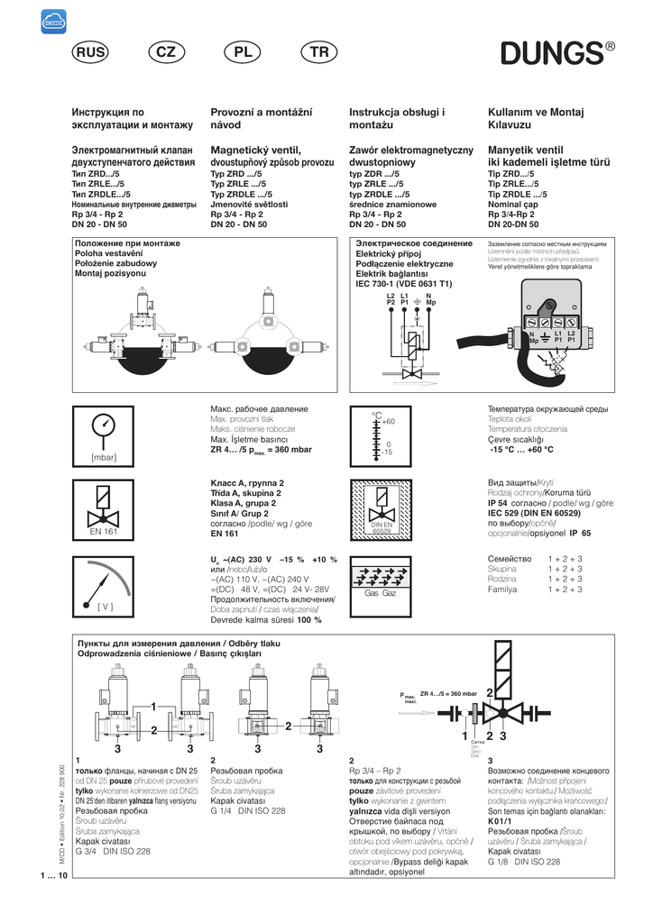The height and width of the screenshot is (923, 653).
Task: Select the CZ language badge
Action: pyautogui.click(x=166, y=53)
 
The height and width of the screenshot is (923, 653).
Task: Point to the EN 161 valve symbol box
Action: pyautogui.click(x=104, y=512)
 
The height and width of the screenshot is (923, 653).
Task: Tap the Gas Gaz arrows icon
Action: pyautogui.click(x=380, y=585)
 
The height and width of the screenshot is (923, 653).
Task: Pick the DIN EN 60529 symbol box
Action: pyautogui.click(x=380, y=511)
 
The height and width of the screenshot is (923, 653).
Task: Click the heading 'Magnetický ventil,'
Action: pyautogui.click(x=254, y=149)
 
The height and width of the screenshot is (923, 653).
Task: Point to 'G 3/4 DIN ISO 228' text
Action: pyautogui.click(x=114, y=850)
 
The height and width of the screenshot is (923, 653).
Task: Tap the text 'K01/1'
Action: pyautogui.click(x=500, y=821)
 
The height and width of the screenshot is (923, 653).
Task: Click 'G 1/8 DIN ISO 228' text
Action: pyautogui.click(x=524, y=861)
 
